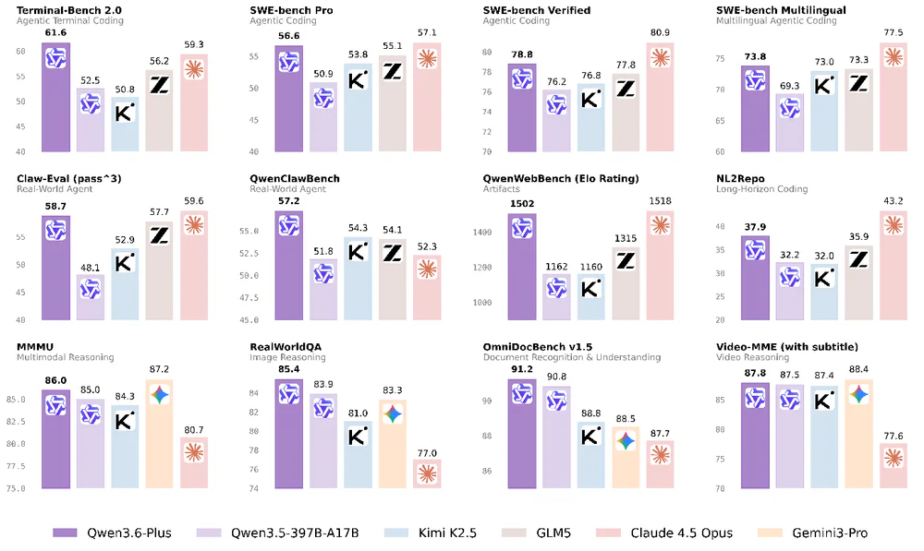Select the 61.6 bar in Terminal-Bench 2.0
click(x=55, y=97)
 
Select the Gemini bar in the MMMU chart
click(x=160, y=434)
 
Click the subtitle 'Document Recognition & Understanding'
click(x=571, y=357)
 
